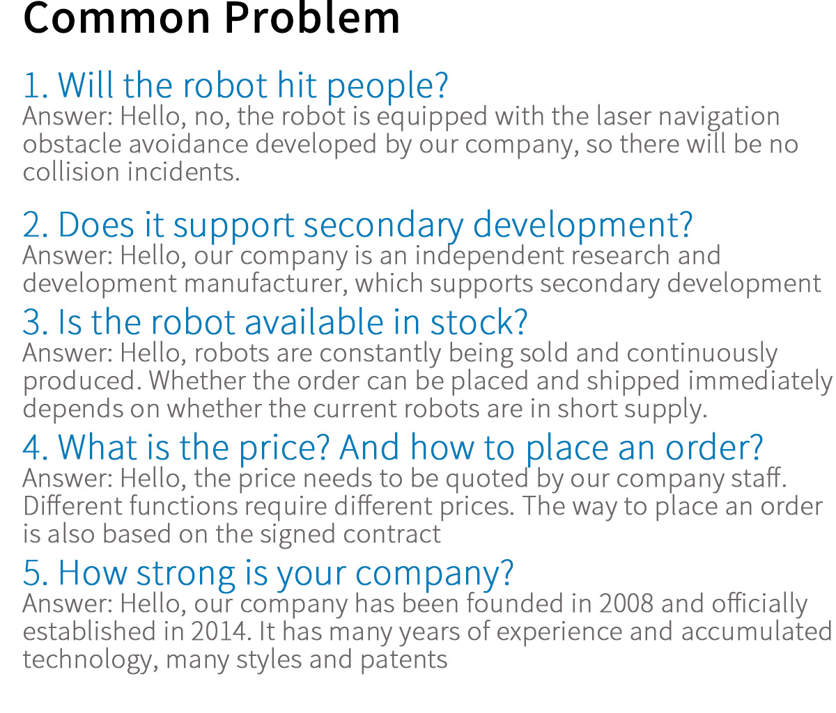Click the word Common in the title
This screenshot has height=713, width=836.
point(116,18)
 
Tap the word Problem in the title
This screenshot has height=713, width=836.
point(312,18)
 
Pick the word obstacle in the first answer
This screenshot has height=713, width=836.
point(72,144)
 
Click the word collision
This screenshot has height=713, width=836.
point(71,172)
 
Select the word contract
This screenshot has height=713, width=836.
point(392,534)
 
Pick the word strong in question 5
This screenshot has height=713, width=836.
point(185,574)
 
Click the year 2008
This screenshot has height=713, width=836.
point(626,604)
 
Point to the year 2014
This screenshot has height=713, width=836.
point(218,632)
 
